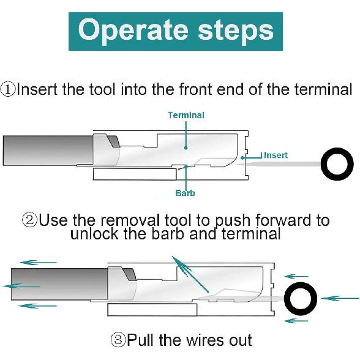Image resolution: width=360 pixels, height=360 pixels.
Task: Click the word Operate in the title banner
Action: pyautogui.click(x=133, y=31)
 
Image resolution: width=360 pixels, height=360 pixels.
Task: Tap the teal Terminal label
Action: pyautogui.click(x=186, y=115)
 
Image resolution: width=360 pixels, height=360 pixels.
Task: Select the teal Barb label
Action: pyautogui.click(x=185, y=193)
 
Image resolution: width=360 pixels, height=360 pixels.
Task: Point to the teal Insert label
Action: pyautogui.click(x=276, y=156)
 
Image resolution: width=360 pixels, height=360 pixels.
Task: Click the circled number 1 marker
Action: pyautogui.click(x=8, y=89)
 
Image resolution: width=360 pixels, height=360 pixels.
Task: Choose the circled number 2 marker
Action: pyautogui.click(x=29, y=220)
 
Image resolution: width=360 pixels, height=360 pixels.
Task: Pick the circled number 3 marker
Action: pyautogui.click(x=118, y=340)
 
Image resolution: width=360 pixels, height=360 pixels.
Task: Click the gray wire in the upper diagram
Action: pyautogui.click(x=48, y=151)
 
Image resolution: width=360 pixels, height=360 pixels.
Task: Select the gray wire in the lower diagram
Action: pyautogui.click(x=59, y=284)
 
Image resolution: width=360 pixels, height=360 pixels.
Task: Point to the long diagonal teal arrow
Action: pyautogui.click(x=190, y=274)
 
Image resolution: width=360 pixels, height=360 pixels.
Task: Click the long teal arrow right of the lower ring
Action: pyautogui.click(x=340, y=298)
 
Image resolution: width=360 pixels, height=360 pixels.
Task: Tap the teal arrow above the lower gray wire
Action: pyautogui.click(x=38, y=263)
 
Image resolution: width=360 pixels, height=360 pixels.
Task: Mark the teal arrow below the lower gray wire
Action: pyautogui.click(x=38, y=306)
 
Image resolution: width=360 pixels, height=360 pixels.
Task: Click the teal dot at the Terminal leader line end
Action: pyautogui.click(x=186, y=148)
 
